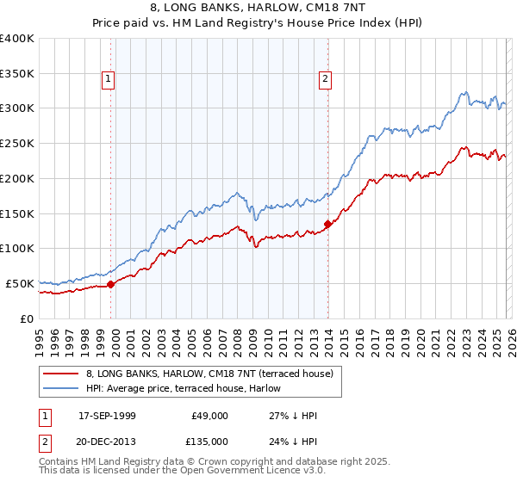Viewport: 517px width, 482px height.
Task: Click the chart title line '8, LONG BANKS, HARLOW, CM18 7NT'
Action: point(258,9)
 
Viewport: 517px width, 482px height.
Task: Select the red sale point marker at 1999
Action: point(111,284)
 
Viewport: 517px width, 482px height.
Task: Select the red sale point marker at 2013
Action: point(328,224)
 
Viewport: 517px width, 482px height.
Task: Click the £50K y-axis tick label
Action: point(19,283)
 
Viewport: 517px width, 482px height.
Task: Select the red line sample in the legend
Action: point(61,373)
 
